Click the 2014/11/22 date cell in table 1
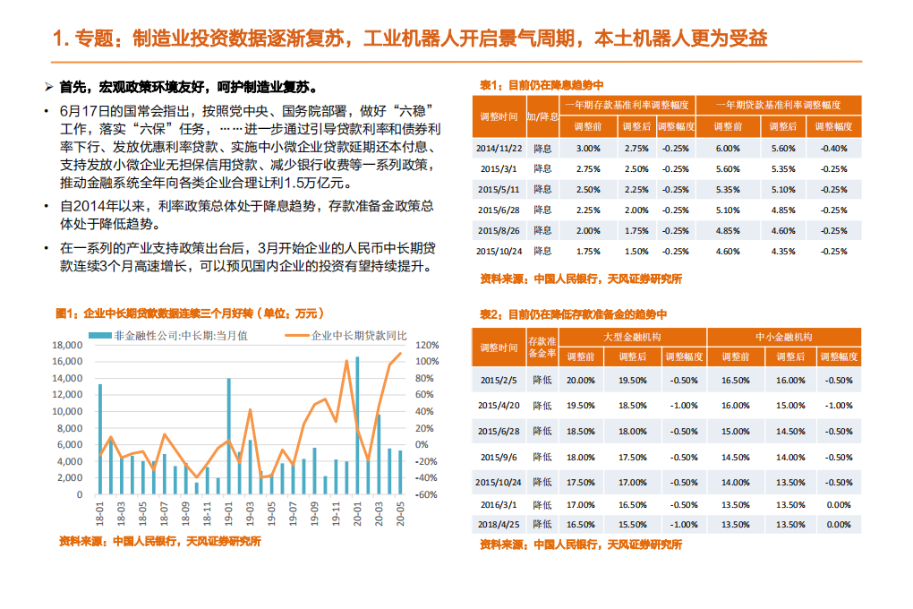click(499, 148)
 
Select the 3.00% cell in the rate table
click(588, 148)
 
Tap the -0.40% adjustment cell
click(833, 148)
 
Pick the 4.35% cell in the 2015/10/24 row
click(782, 252)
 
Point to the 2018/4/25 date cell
click(499, 525)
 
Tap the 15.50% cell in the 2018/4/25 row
click(633, 525)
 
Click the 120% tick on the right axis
click(427, 345)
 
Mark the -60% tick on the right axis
click(427, 494)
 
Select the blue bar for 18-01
click(99, 439)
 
